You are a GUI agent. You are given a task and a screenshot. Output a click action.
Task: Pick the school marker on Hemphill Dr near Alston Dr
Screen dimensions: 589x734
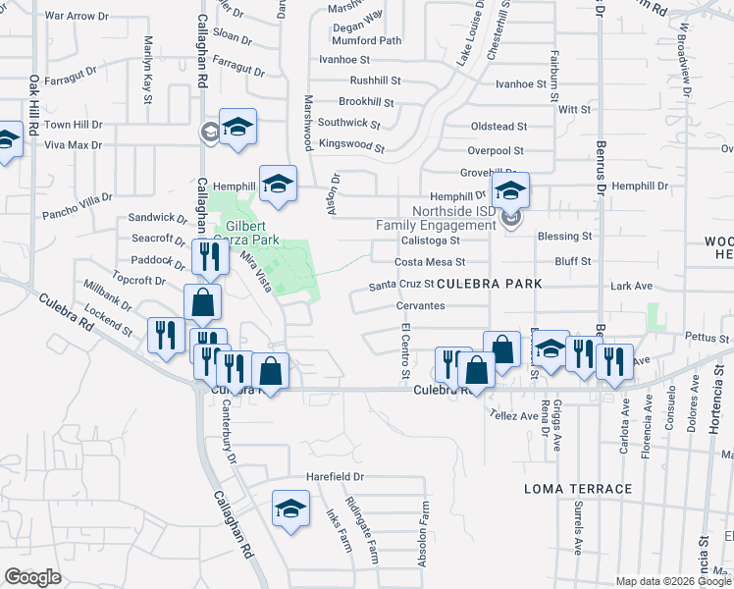pyautogui.click(x=278, y=184)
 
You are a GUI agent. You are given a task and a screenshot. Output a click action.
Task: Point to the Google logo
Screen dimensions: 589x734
pyautogui.click(x=32, y=576)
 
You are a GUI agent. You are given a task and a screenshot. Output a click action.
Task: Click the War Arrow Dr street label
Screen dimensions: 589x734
pyautogui.click(x=77, y=17)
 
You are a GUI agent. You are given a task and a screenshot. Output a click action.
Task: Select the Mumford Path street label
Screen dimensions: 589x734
pyautogui.click(x=367, y=41)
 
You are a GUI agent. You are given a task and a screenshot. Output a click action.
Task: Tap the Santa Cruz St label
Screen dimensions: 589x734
pyautogui.click(x=394, y=286)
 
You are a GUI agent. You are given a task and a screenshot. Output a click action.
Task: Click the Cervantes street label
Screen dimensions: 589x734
pyautogui.click(x=420, y=306)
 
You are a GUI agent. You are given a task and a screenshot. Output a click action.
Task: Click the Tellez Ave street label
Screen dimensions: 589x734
pyautogui.click(x=515, y=415)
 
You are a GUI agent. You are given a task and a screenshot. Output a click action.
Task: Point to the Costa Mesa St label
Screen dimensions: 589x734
pyautogui.click(x=429, y=263)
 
